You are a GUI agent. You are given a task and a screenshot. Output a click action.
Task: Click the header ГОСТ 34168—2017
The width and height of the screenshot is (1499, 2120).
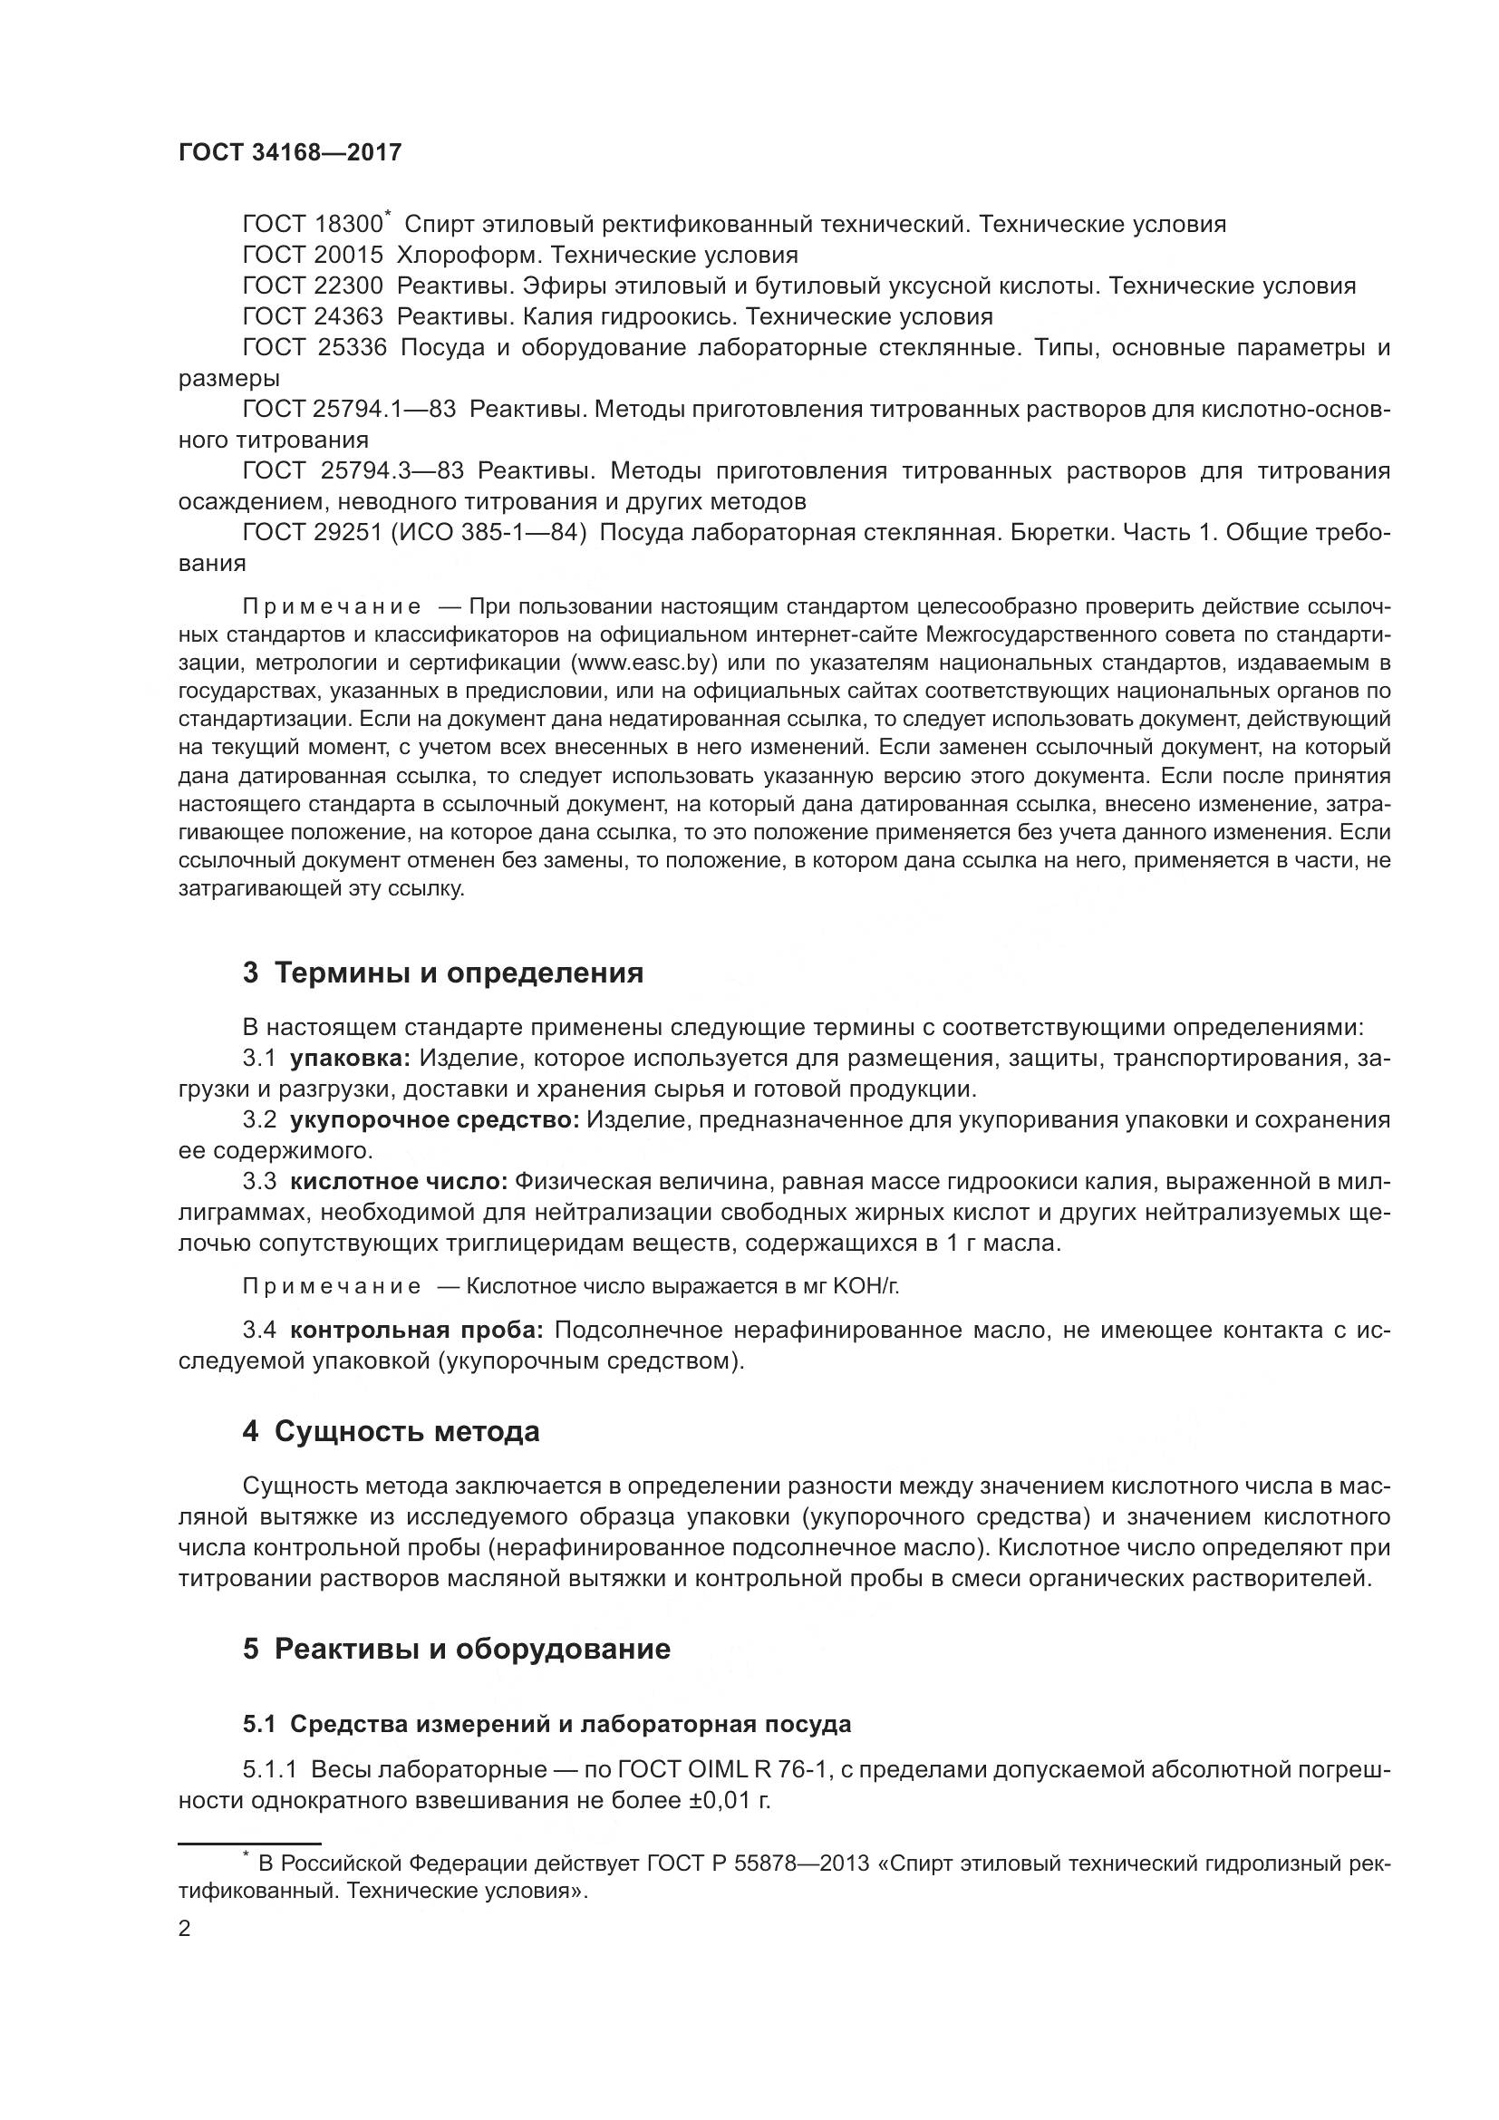[290, 152]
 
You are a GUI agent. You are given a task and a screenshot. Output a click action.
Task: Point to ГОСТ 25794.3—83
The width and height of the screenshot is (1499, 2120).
[353, 471]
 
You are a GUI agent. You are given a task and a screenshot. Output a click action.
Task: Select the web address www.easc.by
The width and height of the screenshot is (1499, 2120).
[643, 663]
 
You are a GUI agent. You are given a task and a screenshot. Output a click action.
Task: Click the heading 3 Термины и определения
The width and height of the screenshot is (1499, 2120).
[443, 973]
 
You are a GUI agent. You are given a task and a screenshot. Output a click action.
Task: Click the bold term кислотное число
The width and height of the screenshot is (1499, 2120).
[399, 1182]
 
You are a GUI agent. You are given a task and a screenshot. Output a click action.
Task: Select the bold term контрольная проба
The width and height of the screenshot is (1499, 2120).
[417, 1331]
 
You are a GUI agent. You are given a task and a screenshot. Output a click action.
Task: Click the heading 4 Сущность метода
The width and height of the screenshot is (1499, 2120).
[391, 1432]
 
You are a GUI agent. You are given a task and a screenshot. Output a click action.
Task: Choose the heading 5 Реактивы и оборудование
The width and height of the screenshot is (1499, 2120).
[456, 1649]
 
